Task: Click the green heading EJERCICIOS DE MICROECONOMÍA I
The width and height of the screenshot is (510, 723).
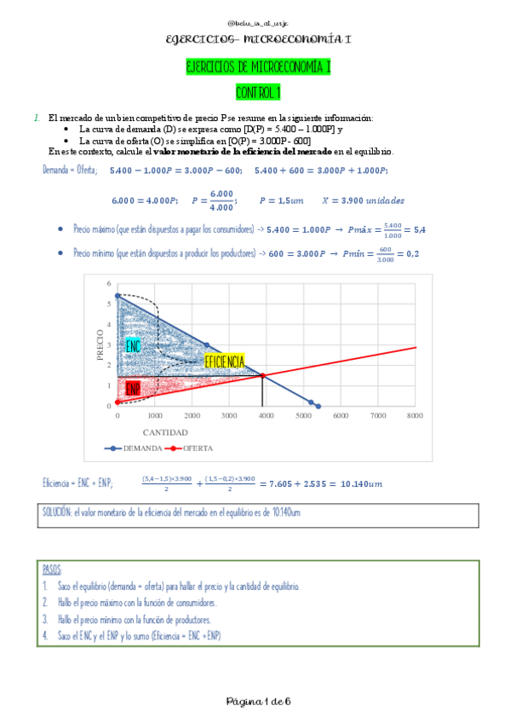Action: coord(257,68)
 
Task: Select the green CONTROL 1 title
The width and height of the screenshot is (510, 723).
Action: coord(257,92)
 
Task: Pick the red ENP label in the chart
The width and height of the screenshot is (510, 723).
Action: coord(133,389)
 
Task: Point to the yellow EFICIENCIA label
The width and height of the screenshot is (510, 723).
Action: coord(225,361)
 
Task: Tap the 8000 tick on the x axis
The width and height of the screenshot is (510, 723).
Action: coord(415,415)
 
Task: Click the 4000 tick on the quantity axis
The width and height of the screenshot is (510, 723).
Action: coord(266,415)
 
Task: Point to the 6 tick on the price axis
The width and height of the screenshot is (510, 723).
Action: coord(109,283)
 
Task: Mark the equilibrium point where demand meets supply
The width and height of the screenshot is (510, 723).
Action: coord(262,376)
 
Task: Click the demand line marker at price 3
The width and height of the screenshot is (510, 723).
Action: coord(206,344)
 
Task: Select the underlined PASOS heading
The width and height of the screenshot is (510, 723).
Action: coord(52,570)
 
